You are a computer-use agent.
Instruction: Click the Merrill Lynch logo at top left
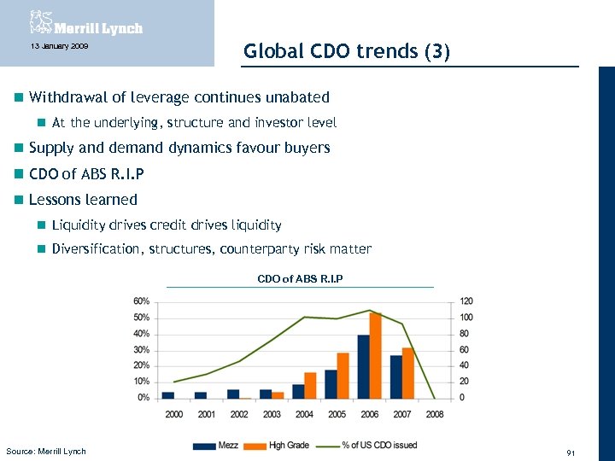(x=85, y=22)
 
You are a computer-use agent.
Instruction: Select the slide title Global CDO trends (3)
(x=346, y=51)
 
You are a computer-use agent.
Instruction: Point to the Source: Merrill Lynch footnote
(x=46, y=451)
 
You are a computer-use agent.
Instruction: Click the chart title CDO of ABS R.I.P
(x=300, y=278)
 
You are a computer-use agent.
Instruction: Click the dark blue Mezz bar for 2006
(x=363, y=366)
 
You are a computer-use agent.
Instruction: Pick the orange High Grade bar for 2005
(x=343, y=376)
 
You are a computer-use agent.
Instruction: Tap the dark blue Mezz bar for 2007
(x=395, y=376)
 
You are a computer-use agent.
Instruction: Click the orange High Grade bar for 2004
(x=310, y=385)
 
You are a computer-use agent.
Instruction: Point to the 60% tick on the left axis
(x=142, y=301)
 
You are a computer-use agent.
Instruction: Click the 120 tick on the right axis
(x=466, y=301)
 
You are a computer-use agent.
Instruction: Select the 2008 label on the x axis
(x=434, y=414)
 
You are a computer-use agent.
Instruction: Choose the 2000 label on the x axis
(x=173, y=414)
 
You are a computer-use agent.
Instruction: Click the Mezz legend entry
(x=217, y=445)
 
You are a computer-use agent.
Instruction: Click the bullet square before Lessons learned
(x=19, y=200)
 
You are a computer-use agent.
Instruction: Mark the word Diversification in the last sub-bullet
(x=97, y=249)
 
